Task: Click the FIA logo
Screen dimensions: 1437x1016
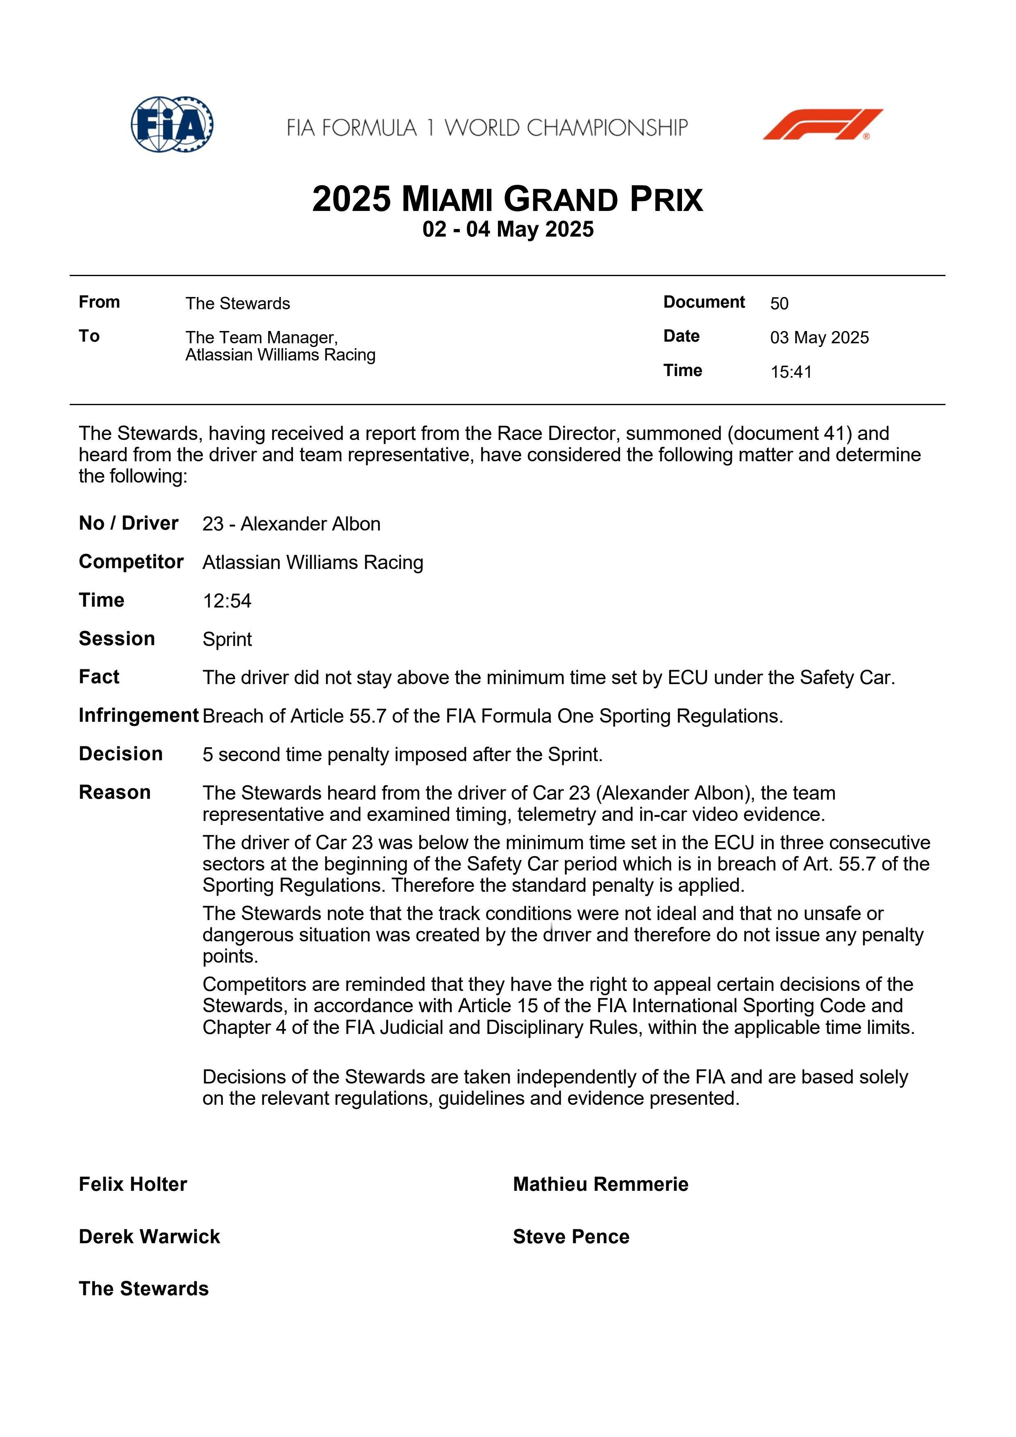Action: click(x=172, y=124)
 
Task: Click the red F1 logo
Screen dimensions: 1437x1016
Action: click(x=822, y=124)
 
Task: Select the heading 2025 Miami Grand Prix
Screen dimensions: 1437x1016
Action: click(x=508, y=199)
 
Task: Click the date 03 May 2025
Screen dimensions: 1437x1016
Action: click(x=819, y=338)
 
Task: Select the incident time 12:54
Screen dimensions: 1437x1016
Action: click(x=227, y=601)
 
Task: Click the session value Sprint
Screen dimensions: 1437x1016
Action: click(x=227, y=639)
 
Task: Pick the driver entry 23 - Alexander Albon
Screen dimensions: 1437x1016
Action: click(x=291, y=524)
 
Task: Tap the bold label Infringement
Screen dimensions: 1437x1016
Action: click(x=139, y=715)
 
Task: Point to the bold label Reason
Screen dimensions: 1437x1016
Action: click(x=115, y=792)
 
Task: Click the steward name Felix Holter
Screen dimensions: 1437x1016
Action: click(x=133, y=1184)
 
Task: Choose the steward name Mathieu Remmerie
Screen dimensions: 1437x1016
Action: click(x=600, y=1184)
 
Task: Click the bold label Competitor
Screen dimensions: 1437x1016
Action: click(x=131, y=562)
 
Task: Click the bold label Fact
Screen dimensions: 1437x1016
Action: click(x=99, y=677)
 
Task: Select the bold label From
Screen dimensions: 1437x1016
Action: click(x=99, y=302)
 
